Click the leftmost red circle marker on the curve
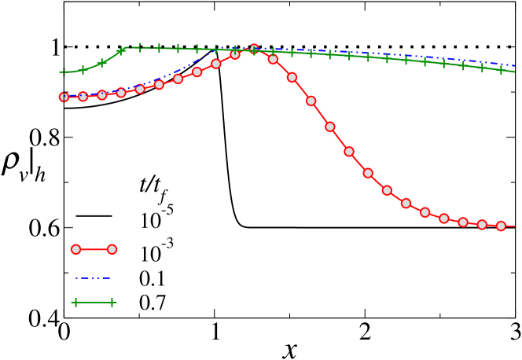(64, 97)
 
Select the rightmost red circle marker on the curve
(501, 226)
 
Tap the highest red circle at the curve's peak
(254, 50)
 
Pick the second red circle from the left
(83, 97)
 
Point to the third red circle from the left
(101, 95)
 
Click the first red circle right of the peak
(273, 59)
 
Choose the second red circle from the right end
(482, 225)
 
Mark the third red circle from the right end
(463, 222)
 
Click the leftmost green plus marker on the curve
(64, 72)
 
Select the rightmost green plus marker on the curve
(501, 70)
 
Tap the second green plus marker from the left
(83, 70)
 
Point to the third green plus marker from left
(101, 63)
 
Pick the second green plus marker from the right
(482, 68)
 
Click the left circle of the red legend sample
(75, 249)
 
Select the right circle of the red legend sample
(112, 249)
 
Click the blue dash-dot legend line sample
(93, 277)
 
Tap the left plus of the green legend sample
(75, 302)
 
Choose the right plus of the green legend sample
(112, 302)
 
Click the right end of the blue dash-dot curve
(514, 65)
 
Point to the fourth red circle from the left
(120, 93)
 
